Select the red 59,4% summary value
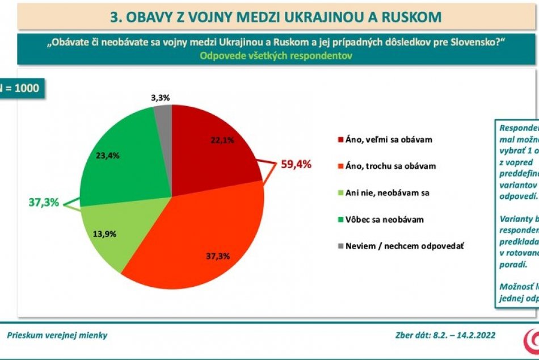click(x=296, y=165)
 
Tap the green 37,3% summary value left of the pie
click(x=44, y=202)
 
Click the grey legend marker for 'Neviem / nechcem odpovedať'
click(x=340, y=246)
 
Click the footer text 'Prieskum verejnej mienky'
click(x=57, y=335)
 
